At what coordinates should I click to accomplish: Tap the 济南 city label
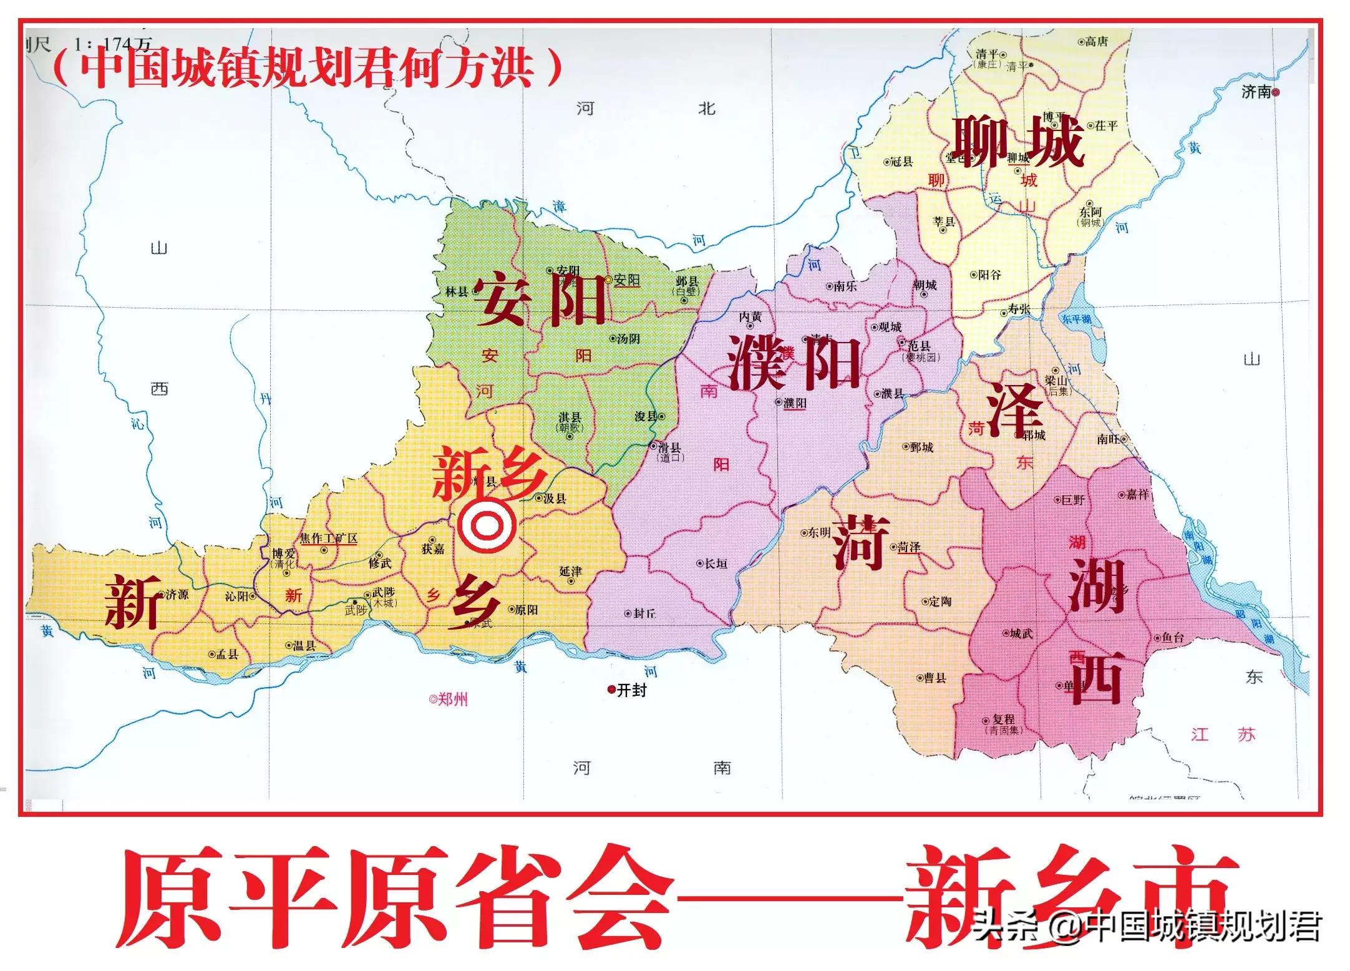point(1256,92)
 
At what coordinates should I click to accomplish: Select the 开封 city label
point(631,690)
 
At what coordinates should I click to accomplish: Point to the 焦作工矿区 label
point(329,538)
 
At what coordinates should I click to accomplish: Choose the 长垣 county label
point(716,564)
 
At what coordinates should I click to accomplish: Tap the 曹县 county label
point(935,678)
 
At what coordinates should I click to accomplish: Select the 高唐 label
point(1096,42)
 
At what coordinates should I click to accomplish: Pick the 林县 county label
point(457,291)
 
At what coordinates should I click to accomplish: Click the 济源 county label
point(177,595)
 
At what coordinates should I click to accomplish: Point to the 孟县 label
point(227,655)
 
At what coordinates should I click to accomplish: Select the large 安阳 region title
point(540,301)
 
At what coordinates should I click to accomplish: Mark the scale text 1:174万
point(112,44)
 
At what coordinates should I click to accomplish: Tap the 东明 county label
point(819,532)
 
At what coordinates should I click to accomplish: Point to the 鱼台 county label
point(1172,638)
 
